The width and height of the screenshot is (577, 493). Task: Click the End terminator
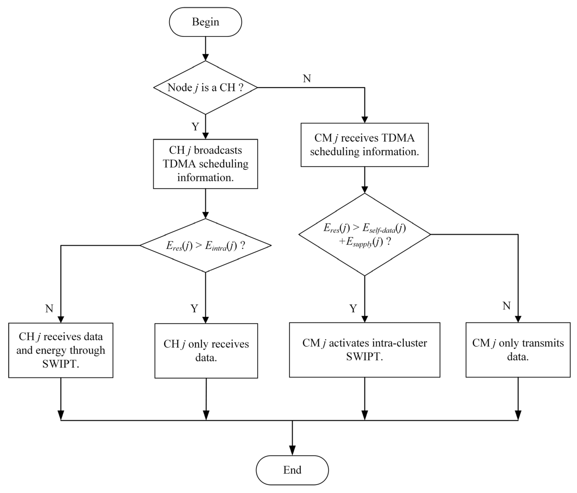click(x=292, y=470)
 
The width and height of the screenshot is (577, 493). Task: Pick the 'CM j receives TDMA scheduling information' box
click(x=364, y=145)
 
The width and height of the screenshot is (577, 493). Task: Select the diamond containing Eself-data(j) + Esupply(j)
click(x=364, y=234)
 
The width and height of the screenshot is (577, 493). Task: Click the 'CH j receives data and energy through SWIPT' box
click(x=61, y=350)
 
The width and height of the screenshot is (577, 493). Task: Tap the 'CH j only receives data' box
click(x=206, y=351)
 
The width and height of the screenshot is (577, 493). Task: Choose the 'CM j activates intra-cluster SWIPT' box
click(x=364, y=350)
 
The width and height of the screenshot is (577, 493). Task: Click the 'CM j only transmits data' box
click(x=518, y=350)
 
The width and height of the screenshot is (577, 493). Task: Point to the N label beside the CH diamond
click(x=307, y=79)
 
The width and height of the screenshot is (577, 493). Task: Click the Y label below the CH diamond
click(x=195, y=127)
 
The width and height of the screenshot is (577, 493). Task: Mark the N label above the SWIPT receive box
click(x=49, y=309)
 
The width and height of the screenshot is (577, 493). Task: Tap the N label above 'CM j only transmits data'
click(x=507, y=306)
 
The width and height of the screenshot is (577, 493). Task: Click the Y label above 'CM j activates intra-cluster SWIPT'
click(x=353, y=309)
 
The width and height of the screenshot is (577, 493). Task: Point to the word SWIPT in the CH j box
click(x=61, y=364)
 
